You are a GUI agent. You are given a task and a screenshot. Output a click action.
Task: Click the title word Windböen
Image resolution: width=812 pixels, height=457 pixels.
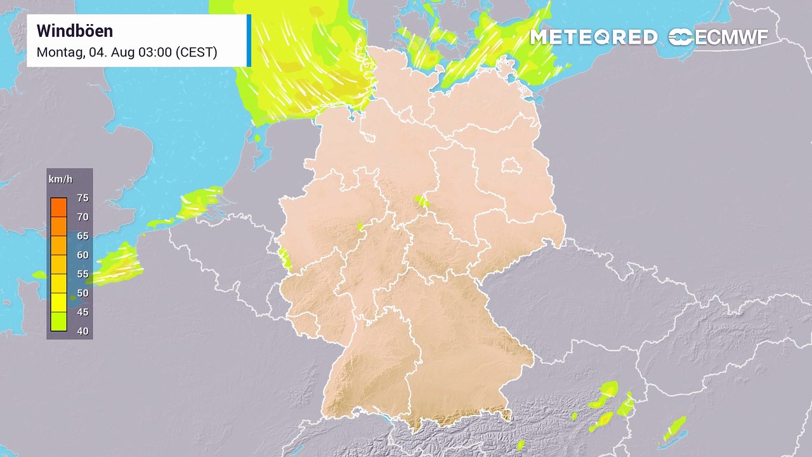click(74, 31)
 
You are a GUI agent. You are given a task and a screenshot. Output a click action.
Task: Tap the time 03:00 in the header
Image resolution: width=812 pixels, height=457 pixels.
click(155, 52)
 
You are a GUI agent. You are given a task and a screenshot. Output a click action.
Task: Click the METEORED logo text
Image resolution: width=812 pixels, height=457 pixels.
click(593, 37)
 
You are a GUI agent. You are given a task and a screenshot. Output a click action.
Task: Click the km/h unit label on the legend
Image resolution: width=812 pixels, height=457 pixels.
click(60, 179)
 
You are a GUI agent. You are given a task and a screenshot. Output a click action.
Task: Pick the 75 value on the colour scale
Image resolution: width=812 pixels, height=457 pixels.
click(82, 198)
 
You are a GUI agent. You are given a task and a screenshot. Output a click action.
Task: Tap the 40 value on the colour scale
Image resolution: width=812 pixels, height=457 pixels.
click(82, 331)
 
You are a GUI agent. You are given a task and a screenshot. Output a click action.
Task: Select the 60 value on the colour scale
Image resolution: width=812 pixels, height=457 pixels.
click(82, 255)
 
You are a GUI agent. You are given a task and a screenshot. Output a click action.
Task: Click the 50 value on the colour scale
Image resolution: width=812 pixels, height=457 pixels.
click(82, 293)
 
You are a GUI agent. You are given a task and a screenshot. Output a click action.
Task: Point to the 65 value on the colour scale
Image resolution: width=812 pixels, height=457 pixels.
click(82, 236)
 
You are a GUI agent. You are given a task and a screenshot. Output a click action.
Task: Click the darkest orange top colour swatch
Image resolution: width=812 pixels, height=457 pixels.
click(59, 207)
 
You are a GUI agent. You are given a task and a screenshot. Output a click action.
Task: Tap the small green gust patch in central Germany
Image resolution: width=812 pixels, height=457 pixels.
click(421, 202)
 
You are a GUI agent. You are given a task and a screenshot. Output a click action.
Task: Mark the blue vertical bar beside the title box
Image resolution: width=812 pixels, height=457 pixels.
click(249, 40)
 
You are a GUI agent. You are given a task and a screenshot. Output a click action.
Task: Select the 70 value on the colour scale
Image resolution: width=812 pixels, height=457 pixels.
click(82, 217)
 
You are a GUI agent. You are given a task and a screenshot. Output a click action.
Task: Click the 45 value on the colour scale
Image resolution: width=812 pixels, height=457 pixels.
click(82, 312)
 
